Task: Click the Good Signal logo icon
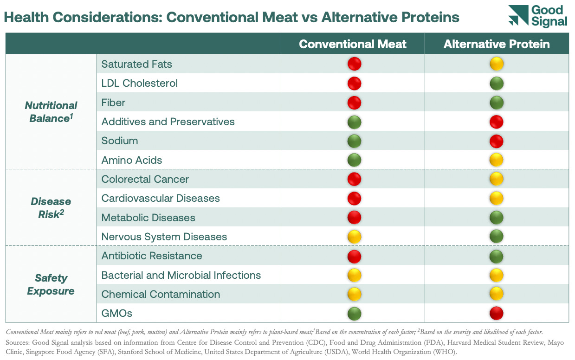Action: (x=518, y=15)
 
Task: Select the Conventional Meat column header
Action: (x=353, y=44)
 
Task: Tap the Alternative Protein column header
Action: (x=497, y=44)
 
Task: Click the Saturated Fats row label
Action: (x=136, y=64)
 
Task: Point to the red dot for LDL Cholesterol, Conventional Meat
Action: (x=354, y=84)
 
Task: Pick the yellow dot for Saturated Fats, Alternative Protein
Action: (x=497, y=64)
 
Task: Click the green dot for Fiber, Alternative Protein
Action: (x=497, y=103)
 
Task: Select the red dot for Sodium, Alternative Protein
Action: (x=497, y=141)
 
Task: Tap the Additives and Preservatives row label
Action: (x=168, y=122)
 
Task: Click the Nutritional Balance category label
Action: (x=51, y=112)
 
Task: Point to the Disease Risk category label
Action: (x=51, y=208)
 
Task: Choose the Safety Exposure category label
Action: (x=51, y=284)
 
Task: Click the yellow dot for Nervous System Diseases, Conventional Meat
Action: (x=354, y=237)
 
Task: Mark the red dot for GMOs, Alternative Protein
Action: (x=497, y=313)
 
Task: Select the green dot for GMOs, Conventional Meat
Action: (x=354, y=313)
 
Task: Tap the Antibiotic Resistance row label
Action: (x=152, y=256)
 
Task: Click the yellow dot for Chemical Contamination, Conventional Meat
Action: (x=354, y=294)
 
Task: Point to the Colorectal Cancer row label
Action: (x=145, y=179)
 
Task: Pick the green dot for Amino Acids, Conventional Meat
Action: (x=354, y=160)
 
